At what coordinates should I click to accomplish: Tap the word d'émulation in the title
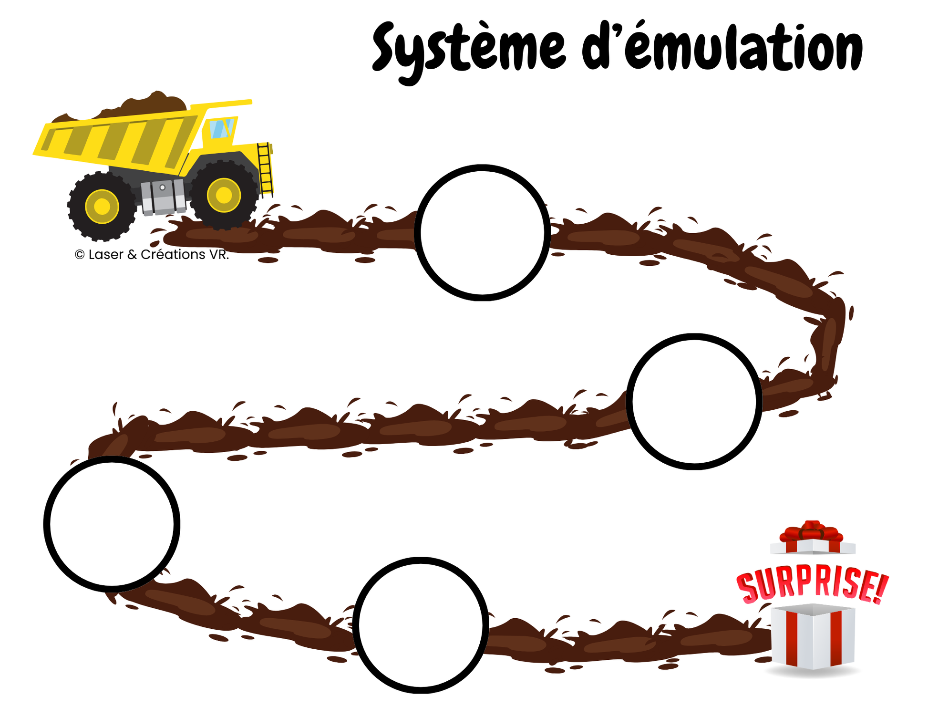pos(722,48)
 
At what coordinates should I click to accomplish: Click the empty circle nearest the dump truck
pos(482,233)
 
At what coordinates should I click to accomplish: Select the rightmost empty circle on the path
pos(694,401)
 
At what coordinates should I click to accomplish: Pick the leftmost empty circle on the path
pos(112,524)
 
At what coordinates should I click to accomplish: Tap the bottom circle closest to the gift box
pos(421,625)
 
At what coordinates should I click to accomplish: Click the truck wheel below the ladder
pos(223,195)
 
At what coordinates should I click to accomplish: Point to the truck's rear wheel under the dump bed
pos(102,206)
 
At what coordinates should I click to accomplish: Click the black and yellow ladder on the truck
pos(265,169)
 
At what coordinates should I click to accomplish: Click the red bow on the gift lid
pos(812,530)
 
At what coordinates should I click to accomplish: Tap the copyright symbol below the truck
pos(80,255)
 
